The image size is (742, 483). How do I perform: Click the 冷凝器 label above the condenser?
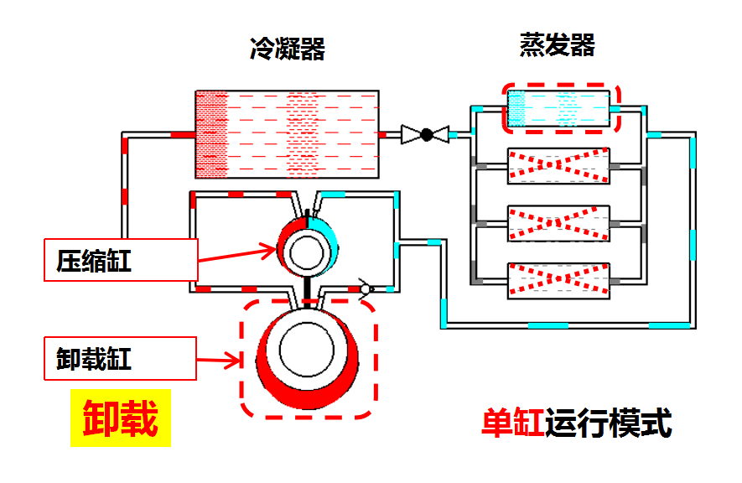point(287,49)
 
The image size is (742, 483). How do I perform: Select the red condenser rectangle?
point(285,134)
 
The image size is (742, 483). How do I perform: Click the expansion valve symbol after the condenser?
point(425,134)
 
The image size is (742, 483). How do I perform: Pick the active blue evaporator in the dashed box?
point(559,108)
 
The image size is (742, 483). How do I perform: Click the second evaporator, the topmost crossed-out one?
point(559,166)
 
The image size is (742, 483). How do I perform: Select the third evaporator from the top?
point(559,223)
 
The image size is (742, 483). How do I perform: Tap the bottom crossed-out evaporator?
point(559,281)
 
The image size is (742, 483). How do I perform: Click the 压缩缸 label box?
point(121,260)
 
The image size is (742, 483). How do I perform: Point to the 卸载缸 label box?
point(121,360)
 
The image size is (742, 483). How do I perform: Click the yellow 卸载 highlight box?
point(120,418)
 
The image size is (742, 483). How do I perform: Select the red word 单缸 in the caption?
point(512,423)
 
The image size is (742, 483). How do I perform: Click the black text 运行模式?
point(608,423)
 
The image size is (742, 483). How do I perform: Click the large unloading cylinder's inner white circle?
point(308,351)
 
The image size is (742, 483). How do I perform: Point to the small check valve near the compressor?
point(365,288)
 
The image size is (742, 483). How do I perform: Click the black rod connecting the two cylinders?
point(308,290)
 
